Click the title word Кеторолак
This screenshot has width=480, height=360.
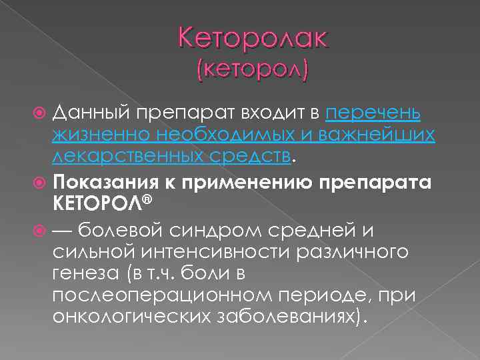click(253, 39)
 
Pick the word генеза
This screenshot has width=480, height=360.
click(84, 275)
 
